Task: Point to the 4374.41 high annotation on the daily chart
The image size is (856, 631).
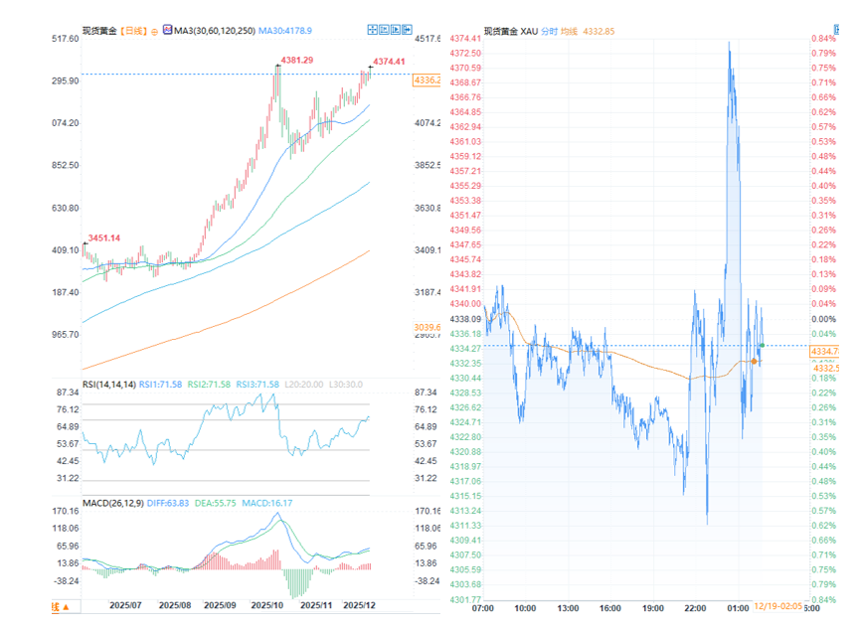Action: (x=389, y=62)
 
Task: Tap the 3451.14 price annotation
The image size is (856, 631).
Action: (x=104, y=237)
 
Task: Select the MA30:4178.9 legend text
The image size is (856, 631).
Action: (x=285, y=31)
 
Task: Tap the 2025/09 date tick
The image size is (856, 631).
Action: (x=222, y=604)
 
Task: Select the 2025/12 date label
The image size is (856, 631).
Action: (x=359, y=604)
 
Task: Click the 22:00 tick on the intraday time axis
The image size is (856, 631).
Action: (x=695, y=607)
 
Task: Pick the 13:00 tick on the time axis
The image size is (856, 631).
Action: (x=568, y=607)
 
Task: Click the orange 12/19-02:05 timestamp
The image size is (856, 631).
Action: (x=777, y=605)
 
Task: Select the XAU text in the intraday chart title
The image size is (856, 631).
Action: (x=530, y=31)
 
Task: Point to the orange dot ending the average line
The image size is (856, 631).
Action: (x=757, y=361)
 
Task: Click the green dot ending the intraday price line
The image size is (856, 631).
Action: (x=762, y=345)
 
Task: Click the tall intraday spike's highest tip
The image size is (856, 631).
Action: (x=730, y=43)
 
